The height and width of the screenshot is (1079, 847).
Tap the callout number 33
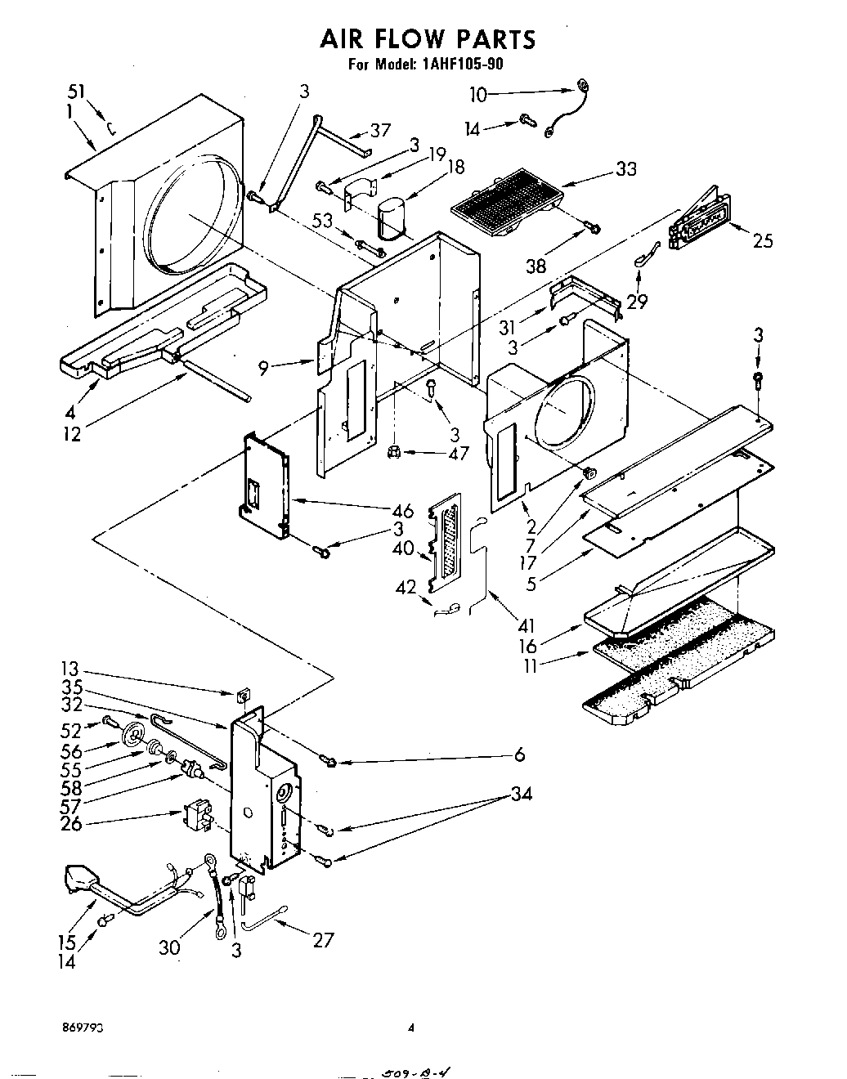(x=626, y=169)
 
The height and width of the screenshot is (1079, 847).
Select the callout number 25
(x=762, y=240)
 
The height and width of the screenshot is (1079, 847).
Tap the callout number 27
(x=323, y=939)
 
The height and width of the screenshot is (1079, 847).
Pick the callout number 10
(x=478, y=95)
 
